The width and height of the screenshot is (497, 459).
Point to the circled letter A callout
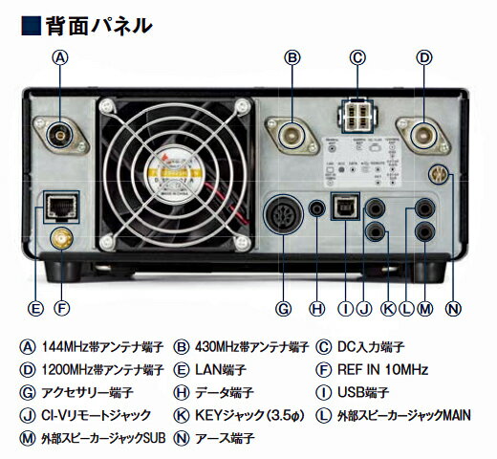point(60,56)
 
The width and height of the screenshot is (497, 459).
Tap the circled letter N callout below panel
point(453,308)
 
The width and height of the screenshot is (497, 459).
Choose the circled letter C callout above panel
point(357,56)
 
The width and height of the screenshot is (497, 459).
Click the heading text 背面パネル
point(97,25)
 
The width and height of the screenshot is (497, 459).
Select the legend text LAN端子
point(214,369)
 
